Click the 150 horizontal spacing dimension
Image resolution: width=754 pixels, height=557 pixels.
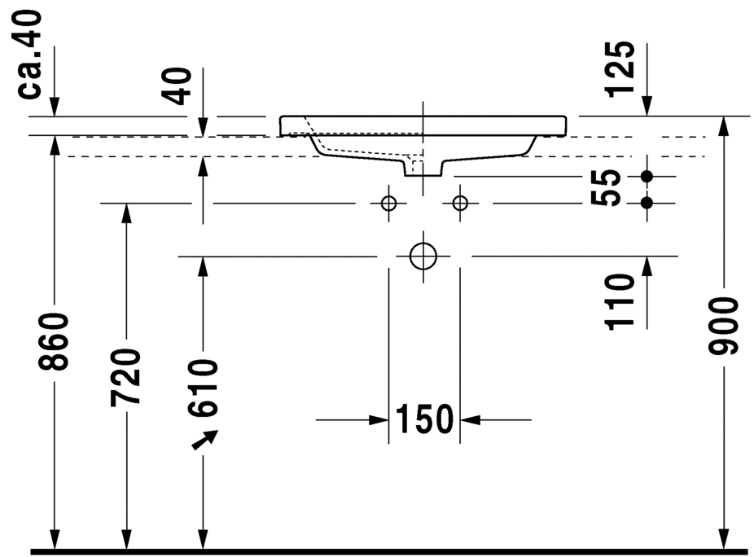tap(423, 420)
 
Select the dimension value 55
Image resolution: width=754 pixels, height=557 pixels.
tap(607, 188)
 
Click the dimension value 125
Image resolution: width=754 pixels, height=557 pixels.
tap(620, 68)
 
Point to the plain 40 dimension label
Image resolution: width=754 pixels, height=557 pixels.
tap(178, 86)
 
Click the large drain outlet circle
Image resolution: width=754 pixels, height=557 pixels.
tap(423, 256)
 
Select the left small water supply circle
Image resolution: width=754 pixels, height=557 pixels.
tap(388, 203)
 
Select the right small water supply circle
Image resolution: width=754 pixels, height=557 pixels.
tap(460, 203)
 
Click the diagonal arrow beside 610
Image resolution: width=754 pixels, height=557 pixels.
tap(204, 440)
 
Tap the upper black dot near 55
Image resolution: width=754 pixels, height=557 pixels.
tap(647, 176)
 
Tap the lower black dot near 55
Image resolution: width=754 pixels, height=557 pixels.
tap(647, 202)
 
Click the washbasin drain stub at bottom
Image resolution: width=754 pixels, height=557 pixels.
tap(423, 169)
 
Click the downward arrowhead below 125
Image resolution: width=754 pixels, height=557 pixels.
tap(647, 107)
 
